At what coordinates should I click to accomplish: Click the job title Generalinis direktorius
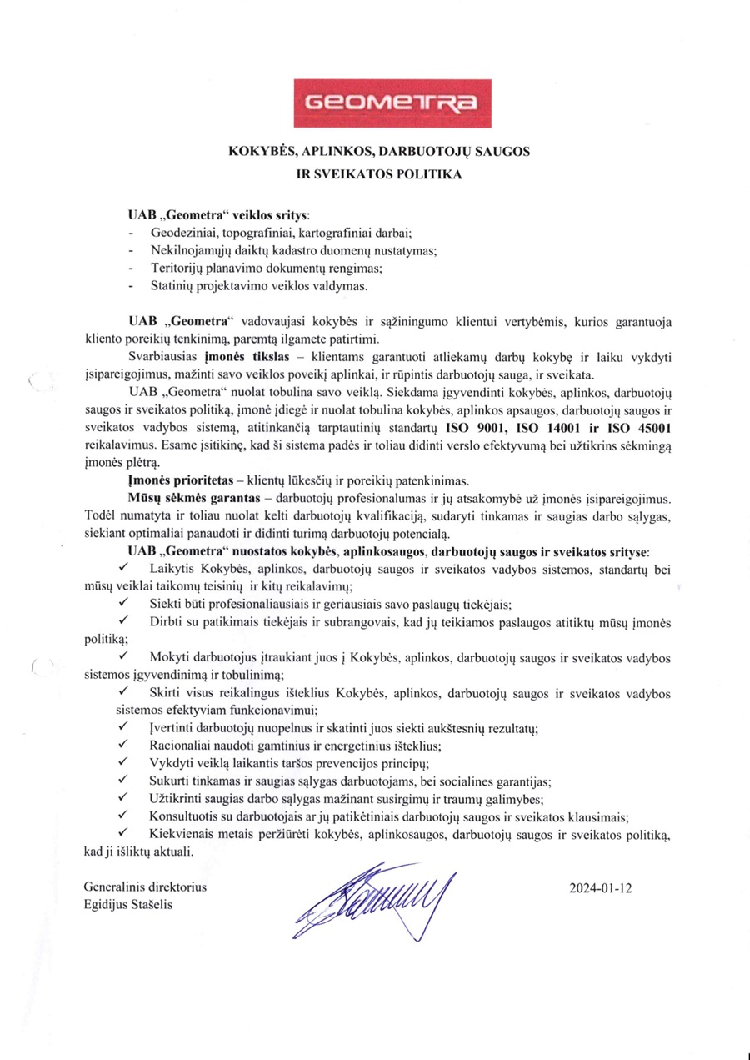146,887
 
